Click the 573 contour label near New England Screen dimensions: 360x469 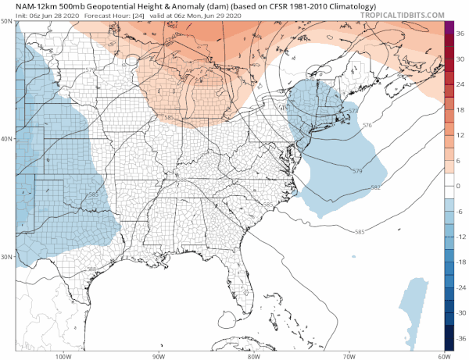[353, 112]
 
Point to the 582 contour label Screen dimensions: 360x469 [375, 187]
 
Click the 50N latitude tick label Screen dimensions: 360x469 [7, 21]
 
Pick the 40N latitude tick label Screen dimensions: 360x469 [7, 139]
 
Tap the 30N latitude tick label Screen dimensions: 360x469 [7, 257]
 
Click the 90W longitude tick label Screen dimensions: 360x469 [158, 355]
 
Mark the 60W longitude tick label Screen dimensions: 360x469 [442, 355]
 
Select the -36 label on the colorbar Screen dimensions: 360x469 [461, 339]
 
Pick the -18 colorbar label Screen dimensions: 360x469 [461, 262]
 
